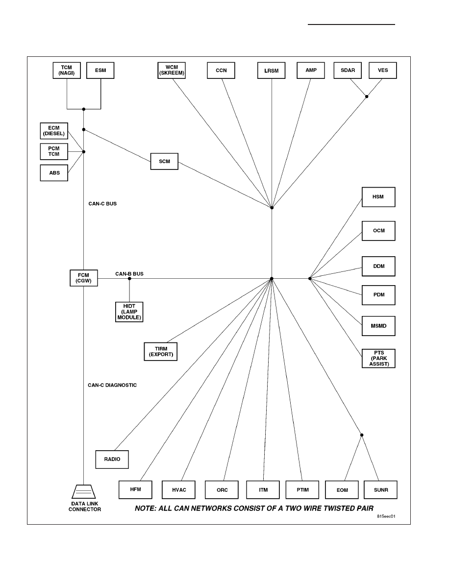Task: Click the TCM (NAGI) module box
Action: point(67,71)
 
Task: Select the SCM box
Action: point(165,162)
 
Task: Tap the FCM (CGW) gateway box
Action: point(84,278)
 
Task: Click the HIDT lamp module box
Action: point(129,312)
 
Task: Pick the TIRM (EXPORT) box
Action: point(161,351)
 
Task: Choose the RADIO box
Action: point(112,460)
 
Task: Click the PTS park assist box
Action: point(379,359)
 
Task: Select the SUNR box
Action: point(381,490)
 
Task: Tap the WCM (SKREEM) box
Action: point(172,71)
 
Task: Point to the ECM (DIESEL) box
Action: point(54,131)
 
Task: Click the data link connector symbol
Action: point(83,491)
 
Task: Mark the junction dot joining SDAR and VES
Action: point(367,97)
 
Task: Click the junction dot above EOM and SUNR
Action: point(362,435)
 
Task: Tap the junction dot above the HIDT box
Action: point(129,278)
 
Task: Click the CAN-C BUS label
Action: point(102,204)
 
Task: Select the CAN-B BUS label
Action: point(129,274)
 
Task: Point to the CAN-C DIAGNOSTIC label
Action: point(112,385)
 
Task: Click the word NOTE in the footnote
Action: point(145,509)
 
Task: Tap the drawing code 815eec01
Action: point(386,516)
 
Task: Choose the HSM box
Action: point(379,197)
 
